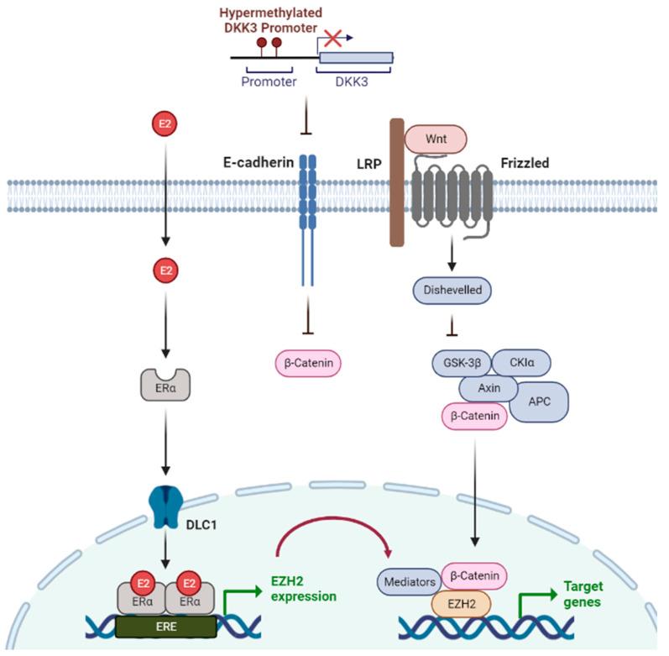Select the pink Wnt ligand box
[x=436, y=139]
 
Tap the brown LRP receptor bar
[x=397, y=183]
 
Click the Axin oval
[x=489, y=389]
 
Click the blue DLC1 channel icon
[x=165, y=510]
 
